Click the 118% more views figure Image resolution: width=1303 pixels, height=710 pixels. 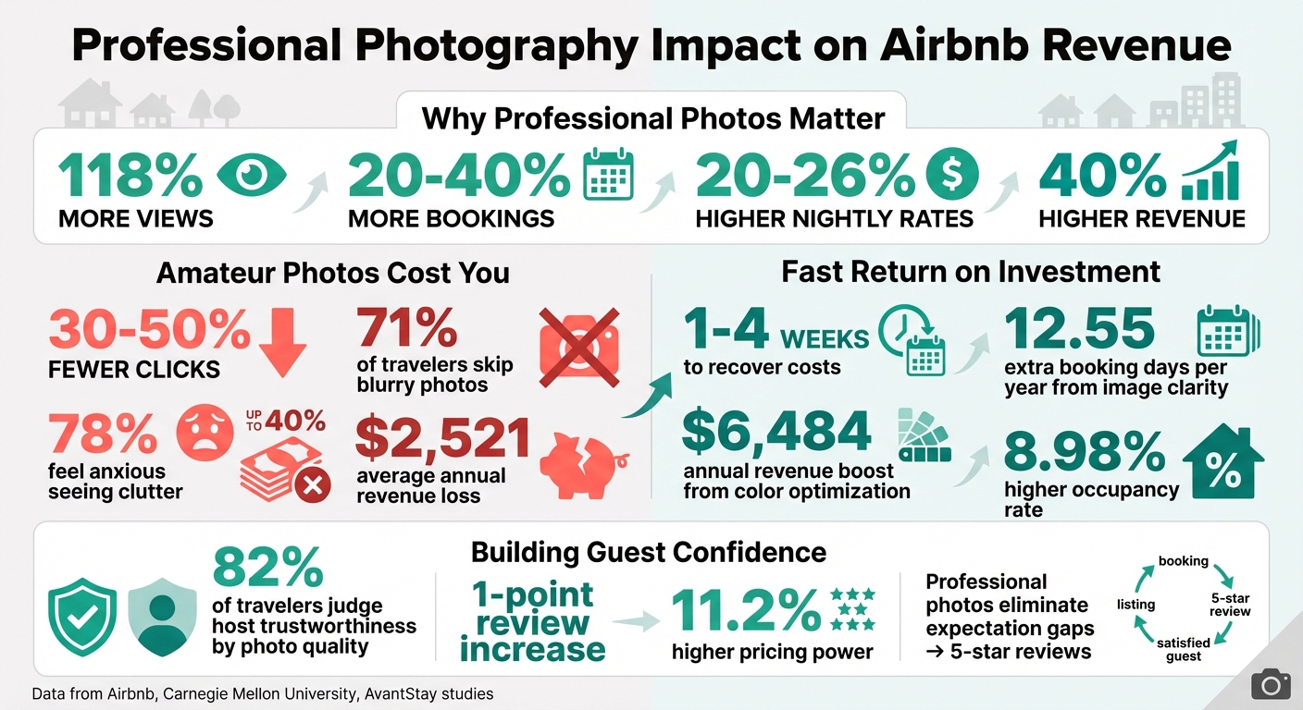(130, 175)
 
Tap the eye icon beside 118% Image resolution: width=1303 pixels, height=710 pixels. (252, 176)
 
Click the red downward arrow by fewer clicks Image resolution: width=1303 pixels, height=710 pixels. (282, 340)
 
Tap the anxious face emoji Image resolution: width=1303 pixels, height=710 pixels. (203, 429)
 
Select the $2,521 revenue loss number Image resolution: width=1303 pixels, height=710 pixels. (441, 439)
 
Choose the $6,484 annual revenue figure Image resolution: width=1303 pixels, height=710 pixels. (776, 432)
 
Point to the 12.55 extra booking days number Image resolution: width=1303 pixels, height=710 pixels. (1079, 329)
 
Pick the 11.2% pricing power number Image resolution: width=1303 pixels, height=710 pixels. (746, 611)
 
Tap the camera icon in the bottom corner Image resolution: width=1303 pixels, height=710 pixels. (1271, 685)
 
